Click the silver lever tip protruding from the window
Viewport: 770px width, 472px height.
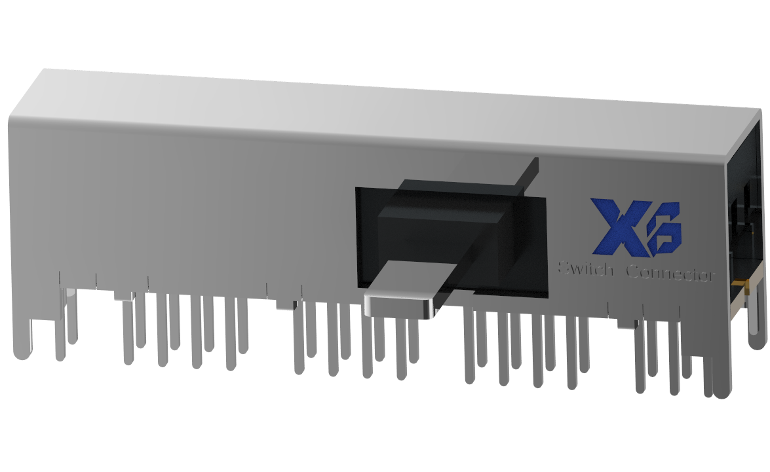pyautogui.click(x=400, y=304)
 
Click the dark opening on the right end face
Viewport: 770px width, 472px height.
pyautogui.click(x=747, y=196)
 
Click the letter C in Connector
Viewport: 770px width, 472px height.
pyautogui.click(x=632, y=272)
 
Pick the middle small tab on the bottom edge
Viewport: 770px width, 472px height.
pyautogui.click(x=286, y=304)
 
